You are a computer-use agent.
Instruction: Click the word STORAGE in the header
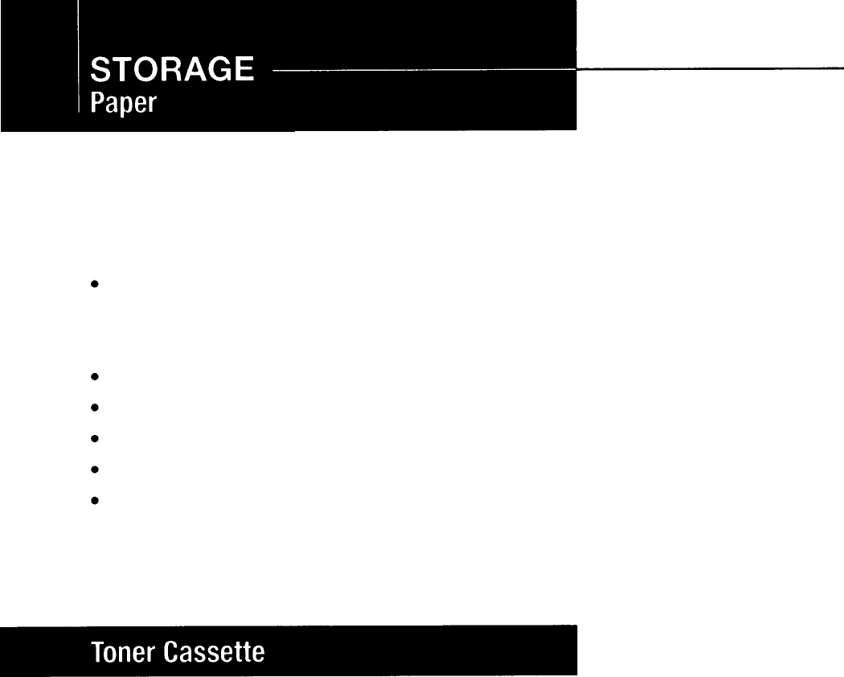pyautogui.click(x=173, y=71)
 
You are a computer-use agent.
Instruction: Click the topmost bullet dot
pyautogui.click(x=95, y=285)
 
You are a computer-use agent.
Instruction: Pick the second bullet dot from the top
pyautogui.click(x=95, y=375)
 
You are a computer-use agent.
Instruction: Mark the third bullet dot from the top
pyautogui.click(x=95, y=407)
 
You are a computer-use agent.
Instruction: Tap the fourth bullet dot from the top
pyautogui.click(x=95, y=438)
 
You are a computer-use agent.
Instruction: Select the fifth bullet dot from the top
pyautogui.click(x=95, y=469)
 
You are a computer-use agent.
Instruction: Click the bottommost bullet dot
pyautogui.click(x=95, y=500)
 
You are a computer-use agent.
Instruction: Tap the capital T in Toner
pyautogui.click(x=96, y=651)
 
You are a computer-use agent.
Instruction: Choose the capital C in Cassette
pyautogui.click(x=170, y=651)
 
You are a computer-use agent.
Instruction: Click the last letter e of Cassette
pyautogui.click(x=258, y=653)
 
